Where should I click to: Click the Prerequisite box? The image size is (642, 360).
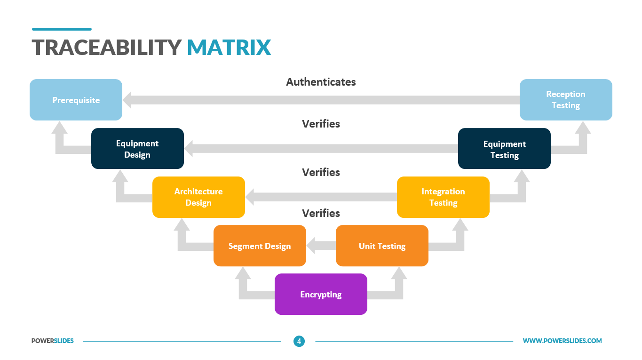pos(76,100)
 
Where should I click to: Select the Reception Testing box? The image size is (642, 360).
pos(566,100)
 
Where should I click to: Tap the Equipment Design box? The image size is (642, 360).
pos(137,149)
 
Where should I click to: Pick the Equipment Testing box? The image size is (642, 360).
pos(504,149)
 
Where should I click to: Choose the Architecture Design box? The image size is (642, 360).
pos(198,197)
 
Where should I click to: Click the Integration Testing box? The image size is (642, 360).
pos(443,197)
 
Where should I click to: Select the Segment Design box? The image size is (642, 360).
pos(260,246)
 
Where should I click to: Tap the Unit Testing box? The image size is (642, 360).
pos(382,246)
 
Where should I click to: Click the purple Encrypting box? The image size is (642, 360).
pos(321,294)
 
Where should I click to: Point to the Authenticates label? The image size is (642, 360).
pos(321,82)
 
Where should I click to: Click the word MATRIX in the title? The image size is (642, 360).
pos(229,48)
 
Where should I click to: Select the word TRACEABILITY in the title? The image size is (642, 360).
pos(106,48)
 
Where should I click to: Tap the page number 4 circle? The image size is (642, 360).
pos(299,341)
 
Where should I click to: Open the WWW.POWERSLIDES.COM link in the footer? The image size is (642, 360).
pos(562,341)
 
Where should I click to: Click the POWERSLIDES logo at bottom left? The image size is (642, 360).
pos(53,341)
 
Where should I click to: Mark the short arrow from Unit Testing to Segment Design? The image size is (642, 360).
pos(321,246)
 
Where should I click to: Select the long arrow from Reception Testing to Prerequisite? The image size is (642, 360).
pos(321,100)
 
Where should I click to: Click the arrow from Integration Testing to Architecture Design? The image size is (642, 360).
pos(321,197)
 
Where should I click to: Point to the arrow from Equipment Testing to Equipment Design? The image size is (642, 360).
pos(321,149)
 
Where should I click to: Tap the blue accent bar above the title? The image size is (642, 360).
pos(62,29)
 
